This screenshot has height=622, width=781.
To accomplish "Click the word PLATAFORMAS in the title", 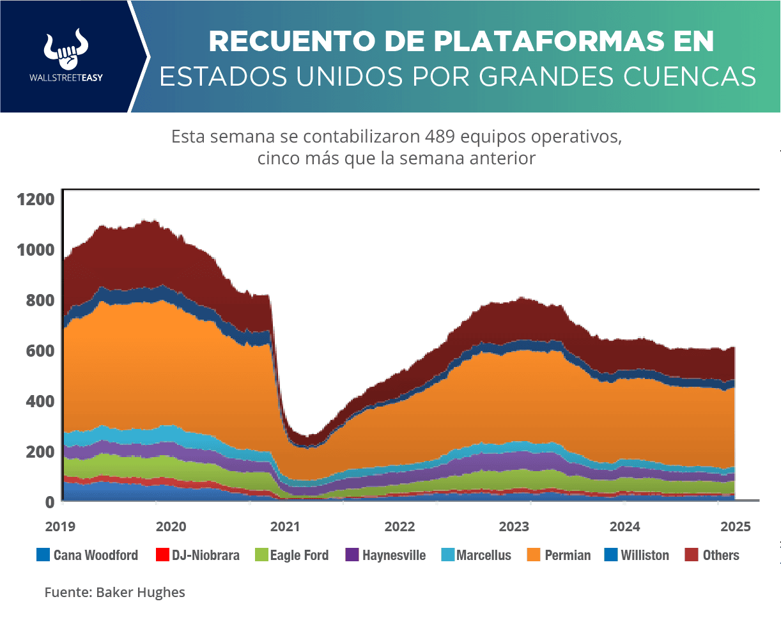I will (504, 42).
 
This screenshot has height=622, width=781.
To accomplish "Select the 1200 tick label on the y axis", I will (38, 199).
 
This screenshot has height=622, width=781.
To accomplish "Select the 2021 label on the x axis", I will (285, 527).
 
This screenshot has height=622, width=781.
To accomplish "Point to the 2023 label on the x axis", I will (514, 527).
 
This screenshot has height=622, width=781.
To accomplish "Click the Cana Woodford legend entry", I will (88, 555).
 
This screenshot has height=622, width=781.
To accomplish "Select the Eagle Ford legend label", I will (299, 555).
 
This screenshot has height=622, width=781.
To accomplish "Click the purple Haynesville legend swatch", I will (352, 555).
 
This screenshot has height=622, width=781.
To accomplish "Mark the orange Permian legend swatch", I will (534, 555).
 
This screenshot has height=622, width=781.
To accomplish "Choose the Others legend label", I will (721, 555).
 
